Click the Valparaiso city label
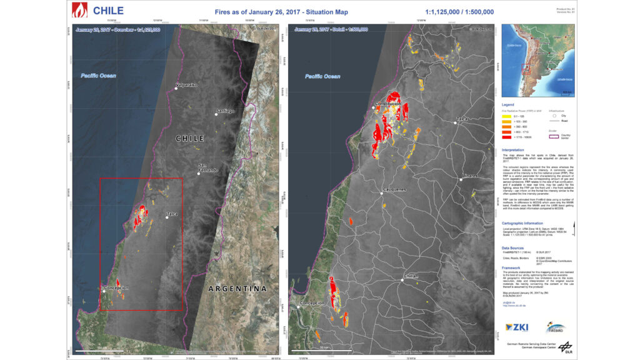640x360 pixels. tap(186, 84)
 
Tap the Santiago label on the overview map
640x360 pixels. tap(225, 111)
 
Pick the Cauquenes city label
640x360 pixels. tap(393, 189)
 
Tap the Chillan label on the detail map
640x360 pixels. tap(411, 276)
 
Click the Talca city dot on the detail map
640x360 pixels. tap(455, 122)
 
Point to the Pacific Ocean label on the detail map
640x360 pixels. tap(322, 76)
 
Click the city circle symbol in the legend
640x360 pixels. tap(554, 116)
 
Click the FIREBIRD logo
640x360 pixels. tap(557, 327)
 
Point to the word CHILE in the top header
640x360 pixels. tap(108, 11)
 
